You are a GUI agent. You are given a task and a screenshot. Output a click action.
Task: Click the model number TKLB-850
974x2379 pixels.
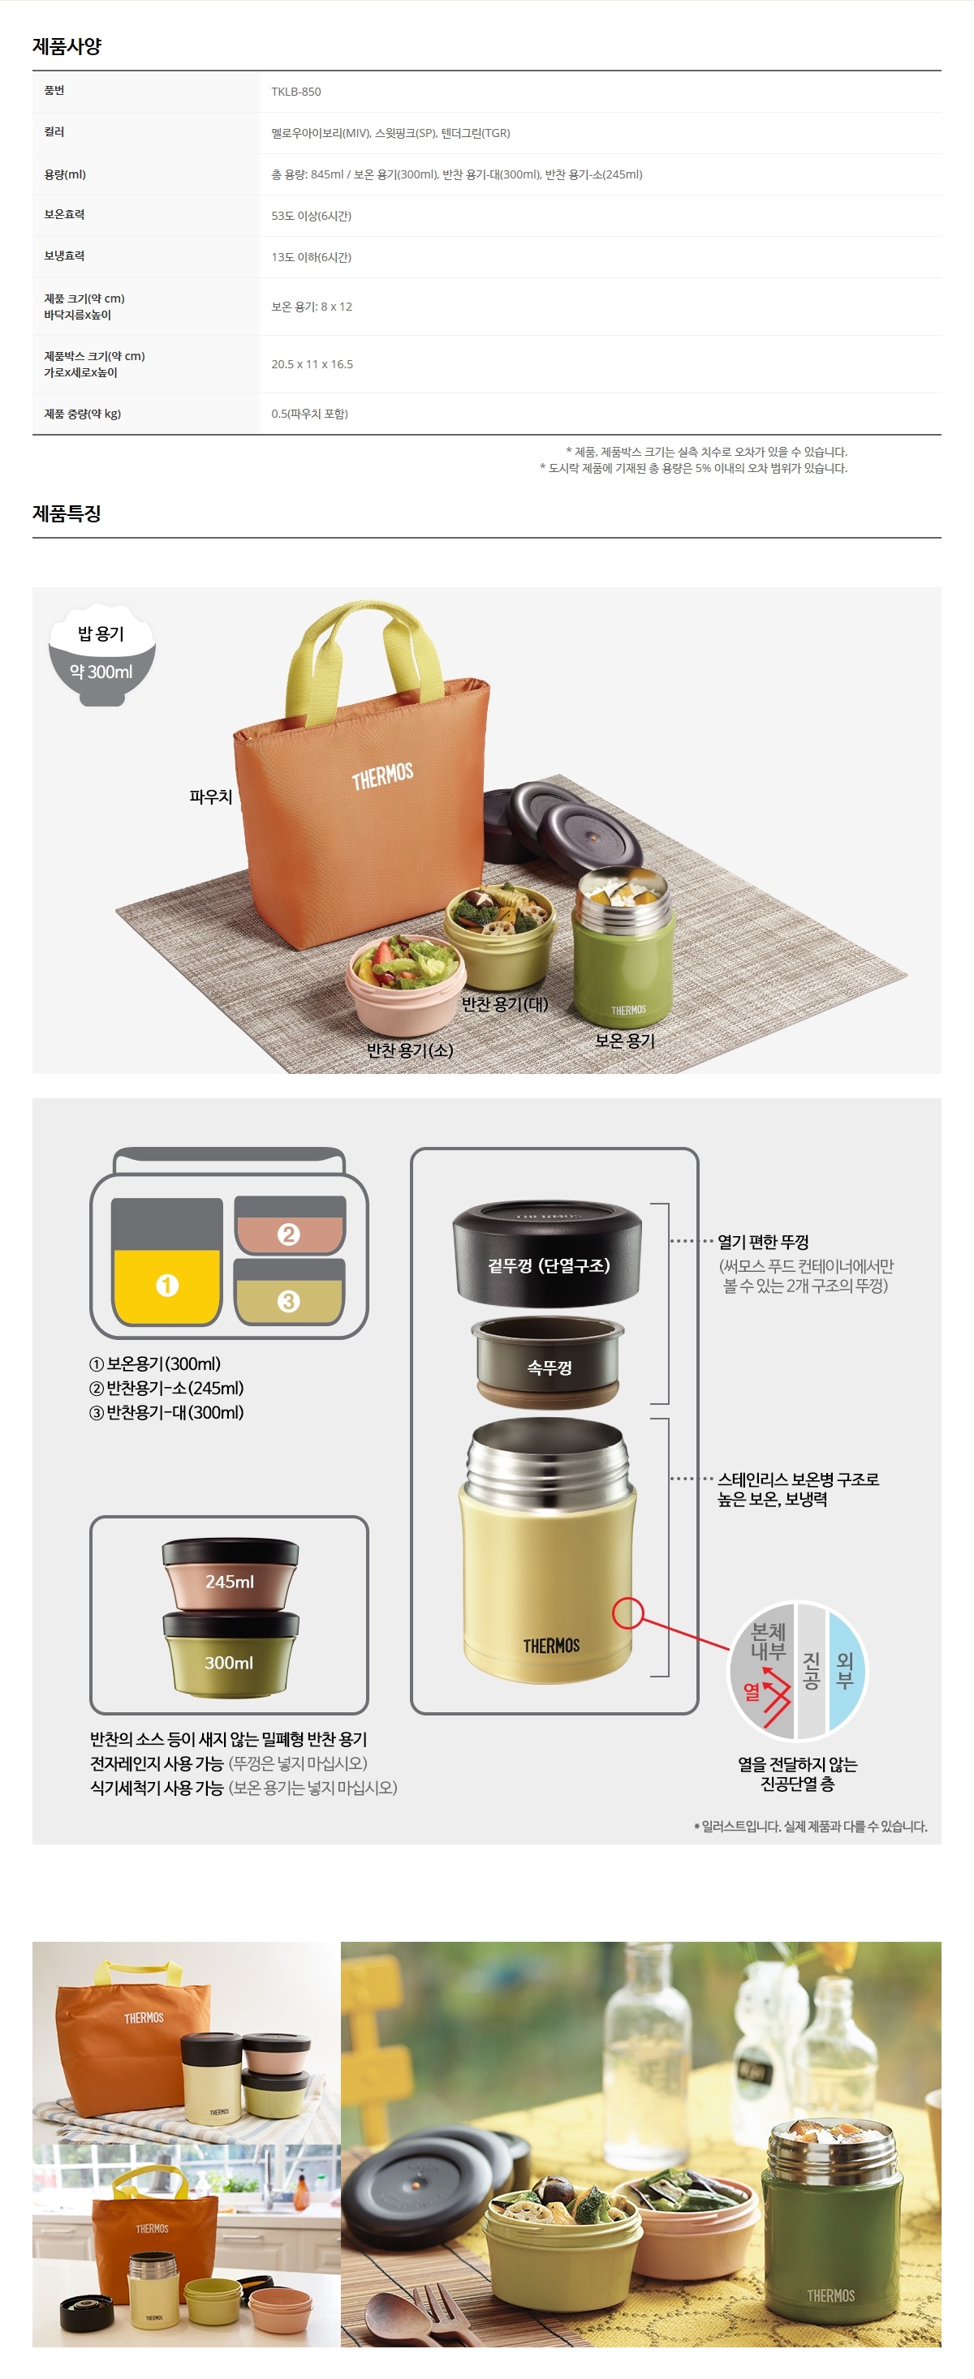[295, 92]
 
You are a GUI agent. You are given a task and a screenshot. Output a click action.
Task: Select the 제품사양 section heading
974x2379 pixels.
[67, 45]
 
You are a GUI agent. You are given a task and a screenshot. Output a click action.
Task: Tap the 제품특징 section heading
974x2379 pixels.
[67, 513]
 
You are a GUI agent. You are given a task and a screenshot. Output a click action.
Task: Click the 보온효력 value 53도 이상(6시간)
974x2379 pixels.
[312, 216]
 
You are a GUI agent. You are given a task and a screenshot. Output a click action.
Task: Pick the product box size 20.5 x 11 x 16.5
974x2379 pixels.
[312, 364]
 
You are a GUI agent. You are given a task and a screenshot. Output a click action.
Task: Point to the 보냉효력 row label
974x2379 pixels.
[64, 256]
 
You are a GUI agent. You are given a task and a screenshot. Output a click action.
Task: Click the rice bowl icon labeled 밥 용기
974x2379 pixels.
[101, 655]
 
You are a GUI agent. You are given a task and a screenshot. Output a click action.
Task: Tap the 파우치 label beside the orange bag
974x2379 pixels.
[211, 796]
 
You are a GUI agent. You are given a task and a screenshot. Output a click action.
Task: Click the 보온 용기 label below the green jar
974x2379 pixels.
[625, 1040]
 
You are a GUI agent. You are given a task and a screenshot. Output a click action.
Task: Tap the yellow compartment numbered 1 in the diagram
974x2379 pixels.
[166, 1286]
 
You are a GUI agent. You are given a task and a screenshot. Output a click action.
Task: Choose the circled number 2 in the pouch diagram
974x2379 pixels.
[288, 1234]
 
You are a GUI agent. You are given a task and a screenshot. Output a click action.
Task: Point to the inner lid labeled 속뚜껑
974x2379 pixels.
[548, 1361]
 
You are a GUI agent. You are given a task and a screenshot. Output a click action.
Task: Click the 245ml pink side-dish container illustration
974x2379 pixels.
[230, 1574]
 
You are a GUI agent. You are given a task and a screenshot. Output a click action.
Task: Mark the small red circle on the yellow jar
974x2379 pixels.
[627, 1612]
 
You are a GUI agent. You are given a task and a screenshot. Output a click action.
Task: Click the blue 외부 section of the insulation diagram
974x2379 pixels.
[846, 1670]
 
